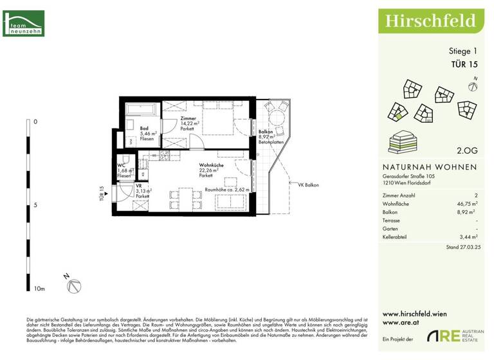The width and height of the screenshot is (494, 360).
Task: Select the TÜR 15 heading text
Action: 463,64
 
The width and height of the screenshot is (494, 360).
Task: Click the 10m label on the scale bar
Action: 39,290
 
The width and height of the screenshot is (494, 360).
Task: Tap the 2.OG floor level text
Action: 466,151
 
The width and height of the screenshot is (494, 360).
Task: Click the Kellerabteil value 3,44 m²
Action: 465,237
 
